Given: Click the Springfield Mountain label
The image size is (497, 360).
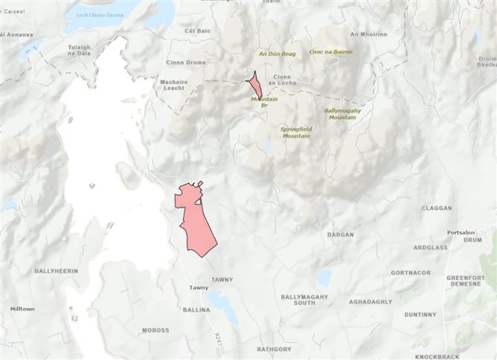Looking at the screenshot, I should click(295, 132).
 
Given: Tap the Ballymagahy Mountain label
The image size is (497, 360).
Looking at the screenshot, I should click(342, 114).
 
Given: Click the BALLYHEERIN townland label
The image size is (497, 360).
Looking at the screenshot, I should click(56, 271).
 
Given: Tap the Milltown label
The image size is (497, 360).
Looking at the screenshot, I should click(22, 309).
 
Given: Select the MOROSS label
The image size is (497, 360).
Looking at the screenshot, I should click(155, 330).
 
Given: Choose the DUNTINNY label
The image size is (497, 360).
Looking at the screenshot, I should click(420, 315).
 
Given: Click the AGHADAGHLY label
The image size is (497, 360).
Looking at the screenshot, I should click(371, 301).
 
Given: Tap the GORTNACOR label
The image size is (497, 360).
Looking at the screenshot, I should click(411, 273).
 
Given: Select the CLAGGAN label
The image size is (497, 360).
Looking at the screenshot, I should click(437, 208).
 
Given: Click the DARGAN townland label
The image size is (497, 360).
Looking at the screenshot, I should click(341, 235).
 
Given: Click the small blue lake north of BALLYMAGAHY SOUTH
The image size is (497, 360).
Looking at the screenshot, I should click(323, 277).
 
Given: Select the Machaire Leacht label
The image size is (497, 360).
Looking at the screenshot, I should click(168, 85).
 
